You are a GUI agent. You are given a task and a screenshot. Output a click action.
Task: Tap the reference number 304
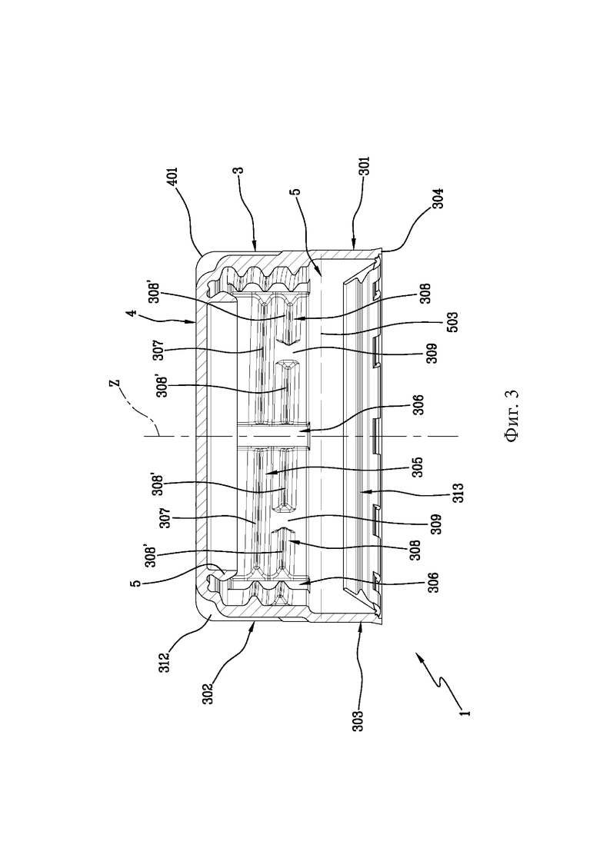[438, 198]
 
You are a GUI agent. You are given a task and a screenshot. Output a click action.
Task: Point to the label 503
[452, 322]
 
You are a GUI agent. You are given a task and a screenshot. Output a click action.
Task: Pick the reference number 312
[165, 662]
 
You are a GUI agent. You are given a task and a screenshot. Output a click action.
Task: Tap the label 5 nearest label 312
[136, 584]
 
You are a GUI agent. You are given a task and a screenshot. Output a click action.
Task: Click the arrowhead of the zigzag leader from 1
[417, 653]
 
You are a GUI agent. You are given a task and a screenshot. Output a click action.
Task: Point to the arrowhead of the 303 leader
[361, 623]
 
